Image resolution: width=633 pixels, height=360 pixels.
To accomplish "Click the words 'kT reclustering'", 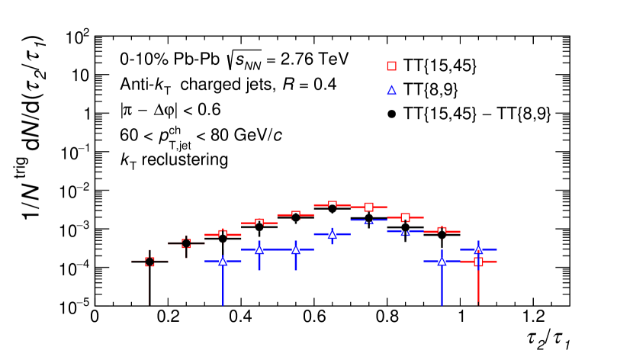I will pyautogui.click(x=168, y=159).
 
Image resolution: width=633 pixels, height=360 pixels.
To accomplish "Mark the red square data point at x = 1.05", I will pyautogui.click(x=479, y=262).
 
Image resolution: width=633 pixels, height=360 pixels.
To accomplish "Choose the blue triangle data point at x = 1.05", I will pyautogui.click(x=479, y=249).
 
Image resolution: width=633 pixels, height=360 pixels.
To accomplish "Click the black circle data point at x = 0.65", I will pyautogui.click(x=333, y=208).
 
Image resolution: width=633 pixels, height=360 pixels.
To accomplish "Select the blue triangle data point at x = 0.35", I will pyautogui.click(x=223, y=261).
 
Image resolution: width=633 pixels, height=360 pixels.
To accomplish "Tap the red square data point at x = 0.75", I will pyautogui.click(x=369, y=207).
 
